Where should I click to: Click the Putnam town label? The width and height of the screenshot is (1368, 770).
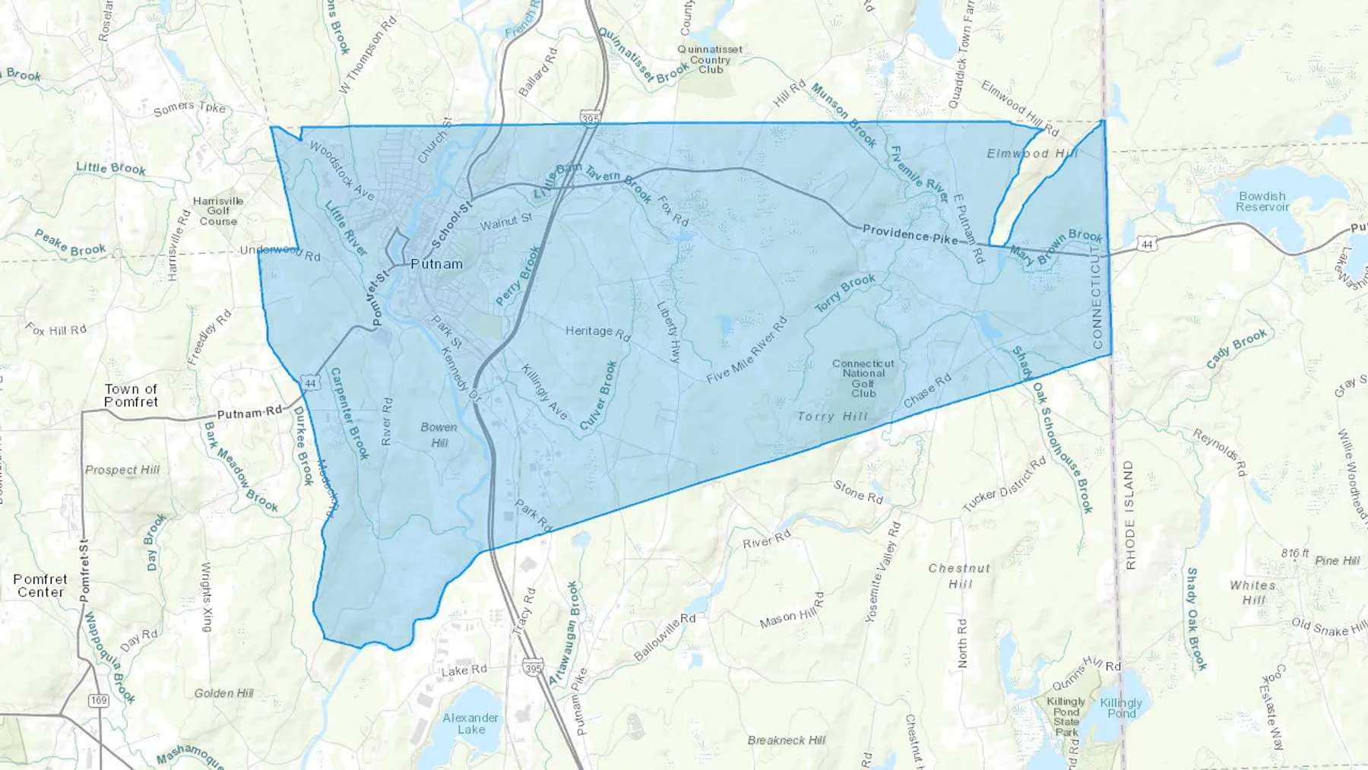point(436,265)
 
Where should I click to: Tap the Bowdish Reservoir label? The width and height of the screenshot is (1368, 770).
point(1262,201)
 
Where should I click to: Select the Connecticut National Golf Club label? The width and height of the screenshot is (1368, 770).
point(863,379)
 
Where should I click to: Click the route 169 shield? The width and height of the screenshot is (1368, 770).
point(99,700)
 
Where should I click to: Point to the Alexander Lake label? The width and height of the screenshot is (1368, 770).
point(470,723)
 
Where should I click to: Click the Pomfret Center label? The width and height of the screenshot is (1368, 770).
point(40,586)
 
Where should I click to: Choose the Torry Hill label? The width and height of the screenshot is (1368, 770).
point(832,417)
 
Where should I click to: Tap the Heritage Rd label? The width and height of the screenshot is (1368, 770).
point(598,332)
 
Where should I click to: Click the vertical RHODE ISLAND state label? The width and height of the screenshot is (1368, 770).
point(1129,515)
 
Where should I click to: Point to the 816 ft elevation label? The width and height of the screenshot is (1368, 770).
point(1295,553)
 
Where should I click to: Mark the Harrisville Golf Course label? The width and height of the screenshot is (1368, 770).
point(218,211)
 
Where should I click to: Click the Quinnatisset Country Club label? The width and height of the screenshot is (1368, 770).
point(711,59)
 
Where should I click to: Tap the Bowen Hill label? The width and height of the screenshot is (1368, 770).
point(439,435)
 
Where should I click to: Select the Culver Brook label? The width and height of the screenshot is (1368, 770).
point(599,396)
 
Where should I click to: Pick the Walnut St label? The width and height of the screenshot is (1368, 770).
point(506,222)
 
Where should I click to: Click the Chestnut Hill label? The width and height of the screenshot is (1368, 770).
point(960,576)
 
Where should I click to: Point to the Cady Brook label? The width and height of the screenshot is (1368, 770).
point(1237,348)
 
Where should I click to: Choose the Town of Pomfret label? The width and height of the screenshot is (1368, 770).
point(131,395)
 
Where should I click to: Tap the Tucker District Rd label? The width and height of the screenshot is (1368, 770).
point(1004,485)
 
